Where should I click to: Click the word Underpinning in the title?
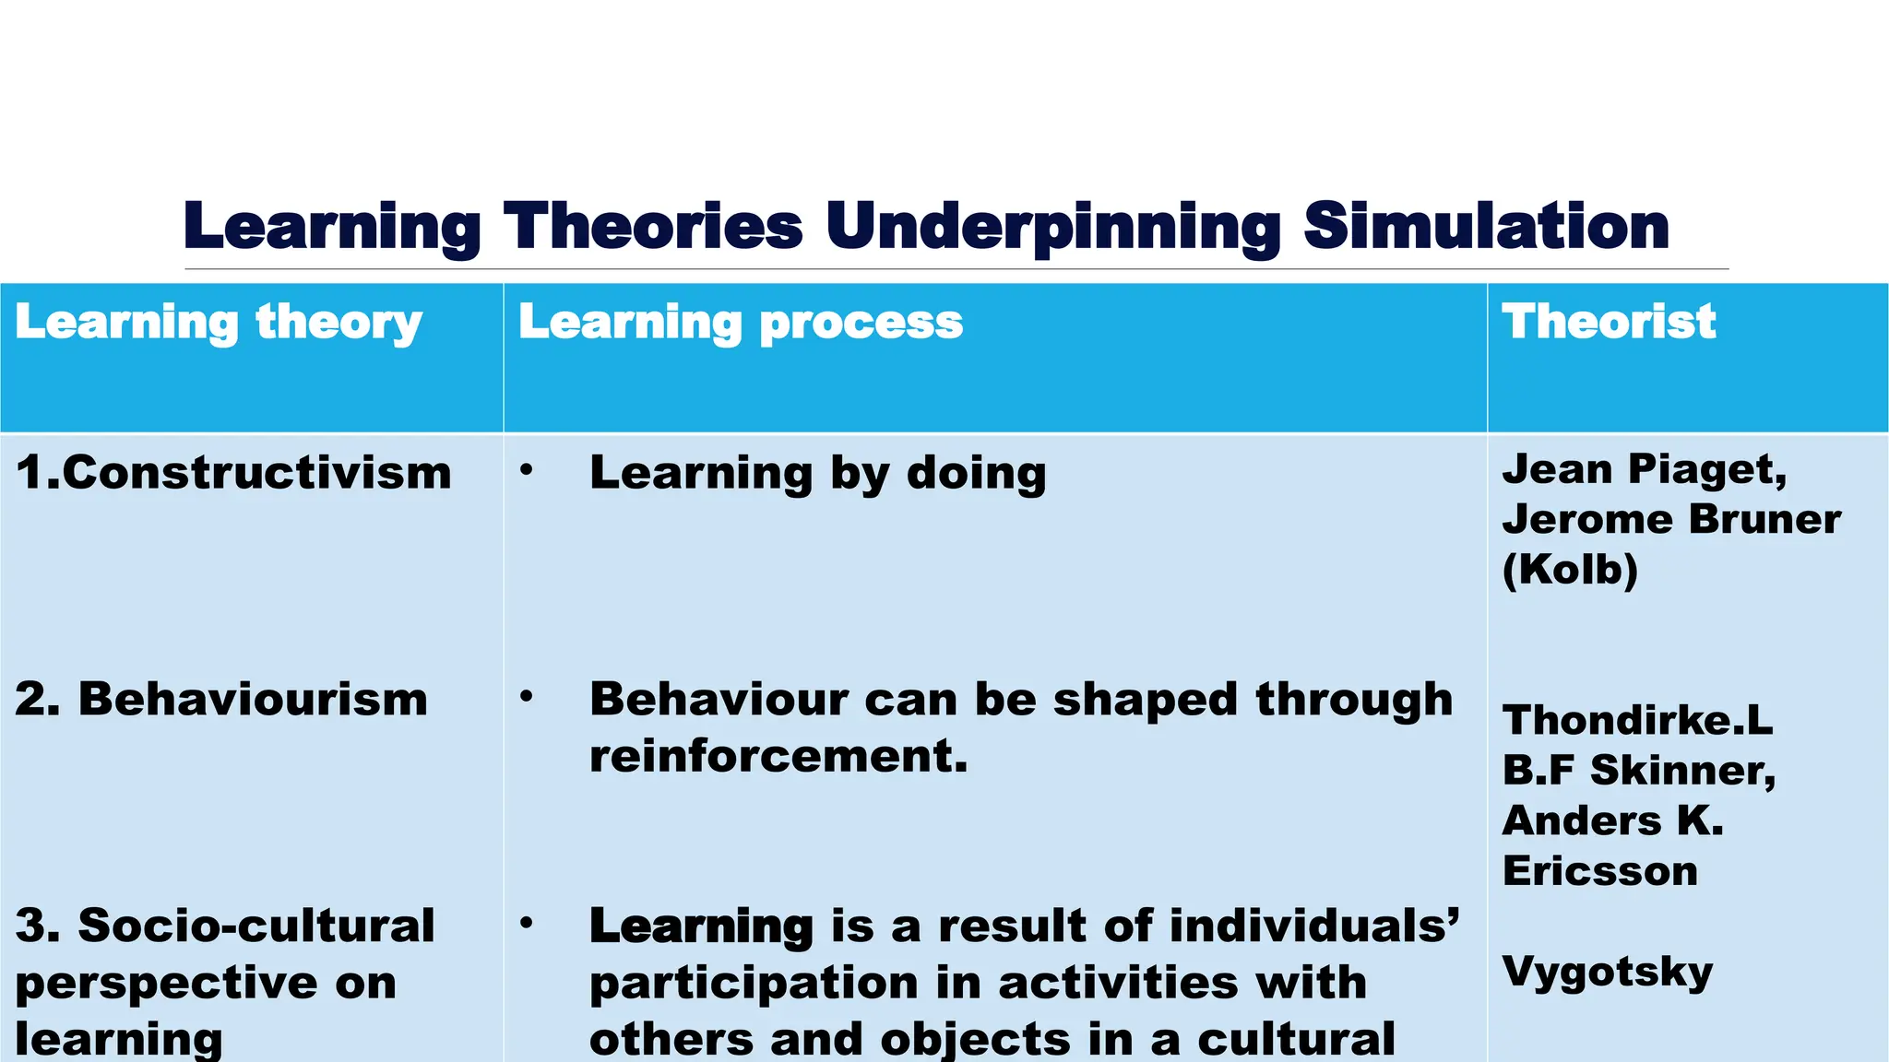pyautogui.click(x=1052, y=226)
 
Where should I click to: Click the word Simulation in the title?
pyautogui.click(x=1486, y=226)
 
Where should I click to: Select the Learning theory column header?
pyautogui.click(x=219, y=323)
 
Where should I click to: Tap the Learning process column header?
pyautogui.click(x=741, y=323)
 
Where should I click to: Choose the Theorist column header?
pyautogui.click(x=1609, y=322)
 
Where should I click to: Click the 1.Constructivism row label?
pyautogui.click(x=233, y=472)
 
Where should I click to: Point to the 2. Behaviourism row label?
pyautogui.click(x=221, y=699)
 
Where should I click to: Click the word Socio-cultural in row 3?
pyautogui.click(x=256, y=926)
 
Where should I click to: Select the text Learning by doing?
pyautogui.click(x=818, y=473)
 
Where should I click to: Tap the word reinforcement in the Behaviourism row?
pyautogui.click(x=778, y=757)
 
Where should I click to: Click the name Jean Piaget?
pyautogui.click(x=1644, y=469)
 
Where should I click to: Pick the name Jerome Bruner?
pyautogui.click(x=1671, y=519)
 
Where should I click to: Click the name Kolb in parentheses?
pyautogui.click(x=1570, y=569)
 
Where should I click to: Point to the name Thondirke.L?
pyautogui.click(x=1637, y=720)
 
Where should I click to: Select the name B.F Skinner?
pyautogui.click(x=1638, y=770)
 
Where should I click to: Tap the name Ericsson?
pyautogui.click(x=1599, y=871)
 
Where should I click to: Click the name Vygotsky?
pyautogui.click(x=1607, y=972)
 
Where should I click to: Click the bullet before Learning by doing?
pyautogui.click(x=526, y=470)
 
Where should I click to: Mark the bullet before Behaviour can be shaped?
pyautogui.click(x=526, y=696)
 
